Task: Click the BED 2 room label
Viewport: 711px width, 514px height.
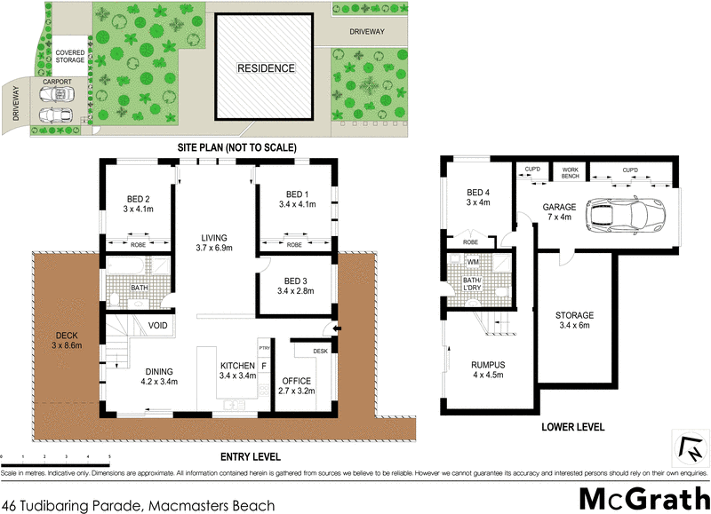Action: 137,202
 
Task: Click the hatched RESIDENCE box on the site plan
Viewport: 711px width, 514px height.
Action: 266,68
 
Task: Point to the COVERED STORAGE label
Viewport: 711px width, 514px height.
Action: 70,58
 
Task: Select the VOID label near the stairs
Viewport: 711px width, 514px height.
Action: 157,324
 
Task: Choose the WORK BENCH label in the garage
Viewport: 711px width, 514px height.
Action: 570,172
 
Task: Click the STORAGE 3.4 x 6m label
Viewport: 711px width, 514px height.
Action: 574,320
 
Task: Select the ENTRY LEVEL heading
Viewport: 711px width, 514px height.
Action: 250,457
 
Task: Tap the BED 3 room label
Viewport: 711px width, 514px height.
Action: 296,284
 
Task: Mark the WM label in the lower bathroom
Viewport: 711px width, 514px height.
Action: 473,261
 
